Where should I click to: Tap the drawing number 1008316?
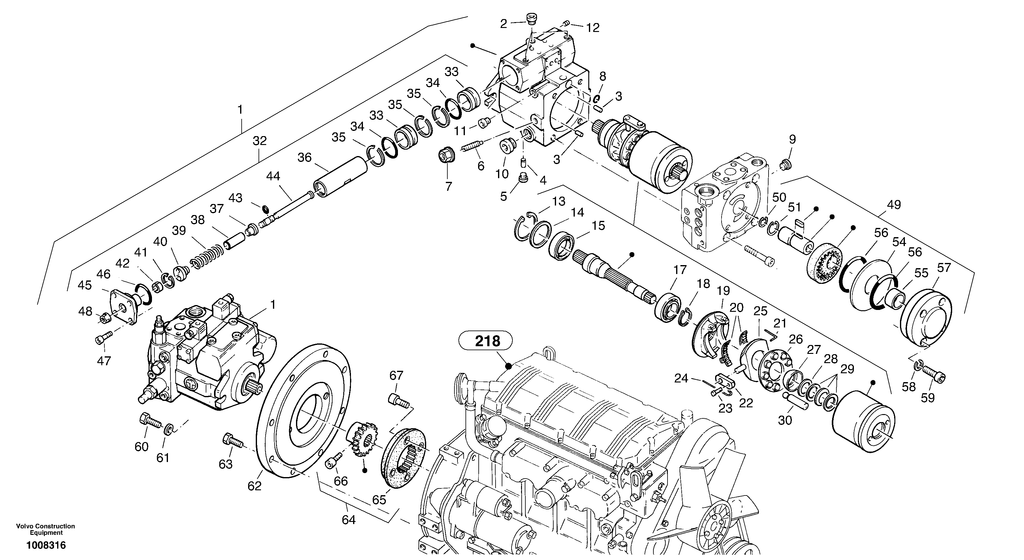46,545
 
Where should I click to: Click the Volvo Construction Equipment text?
46,529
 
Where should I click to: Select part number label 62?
255,486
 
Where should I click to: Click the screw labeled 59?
934,374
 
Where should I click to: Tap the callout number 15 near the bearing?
598,226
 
